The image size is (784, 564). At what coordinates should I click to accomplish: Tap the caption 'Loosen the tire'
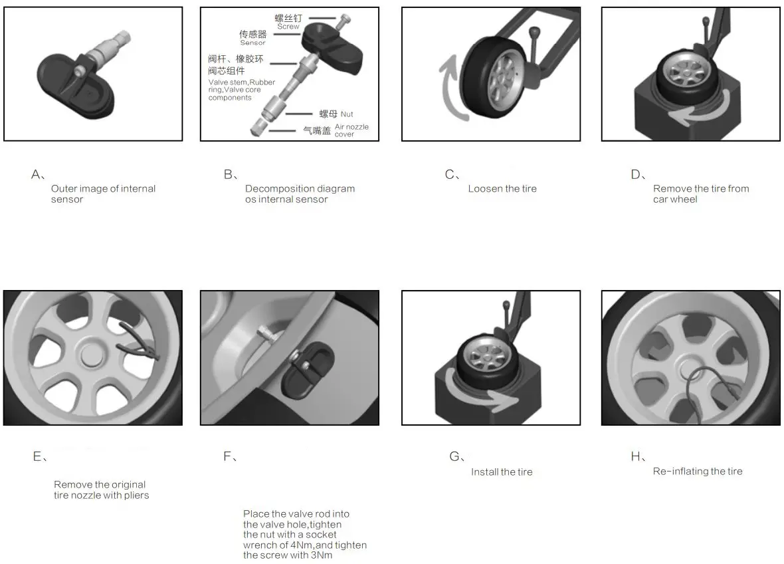coord(502,189)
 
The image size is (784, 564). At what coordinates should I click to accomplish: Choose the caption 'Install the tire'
coord(502,472)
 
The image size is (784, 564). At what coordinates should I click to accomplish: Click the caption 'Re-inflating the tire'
coord(698,472)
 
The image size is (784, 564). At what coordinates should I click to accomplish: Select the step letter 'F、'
coord(231,457)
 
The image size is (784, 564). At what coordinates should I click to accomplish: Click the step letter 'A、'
coord(38,175)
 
